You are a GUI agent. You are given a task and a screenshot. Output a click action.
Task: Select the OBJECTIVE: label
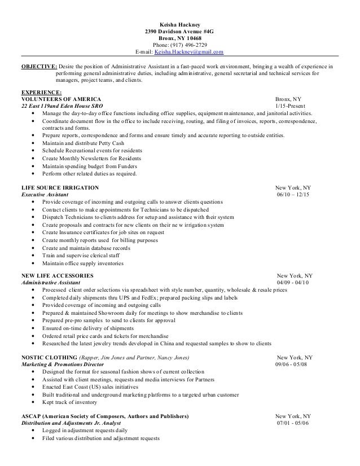coord(37,67)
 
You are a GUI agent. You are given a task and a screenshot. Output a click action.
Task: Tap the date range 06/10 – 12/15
coord(294,195)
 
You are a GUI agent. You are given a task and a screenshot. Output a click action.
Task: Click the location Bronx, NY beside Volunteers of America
coord(288,98)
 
